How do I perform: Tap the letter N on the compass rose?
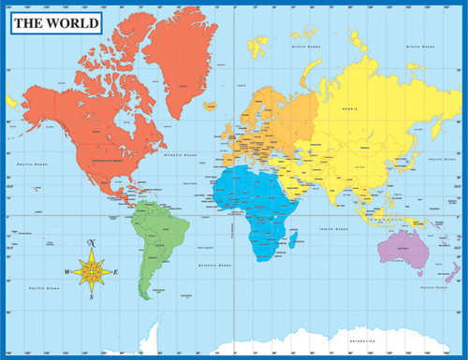click(x=92, y=244)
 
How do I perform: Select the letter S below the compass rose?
click(x=92, y=297)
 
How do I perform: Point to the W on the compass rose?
click(x=67, y=271)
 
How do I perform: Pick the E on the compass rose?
click(x=116, y=271)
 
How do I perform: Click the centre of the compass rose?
click(x=92, y=271)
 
